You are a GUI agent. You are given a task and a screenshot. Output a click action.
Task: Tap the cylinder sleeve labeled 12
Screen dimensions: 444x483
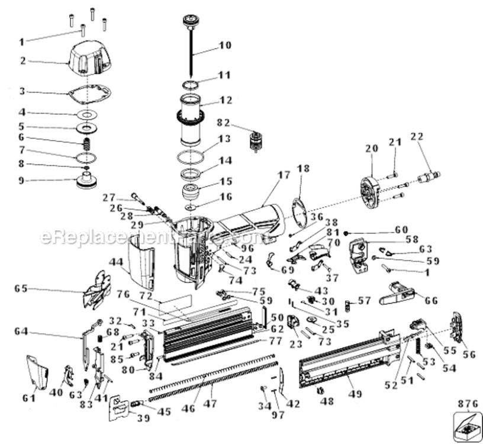[191, 118]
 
